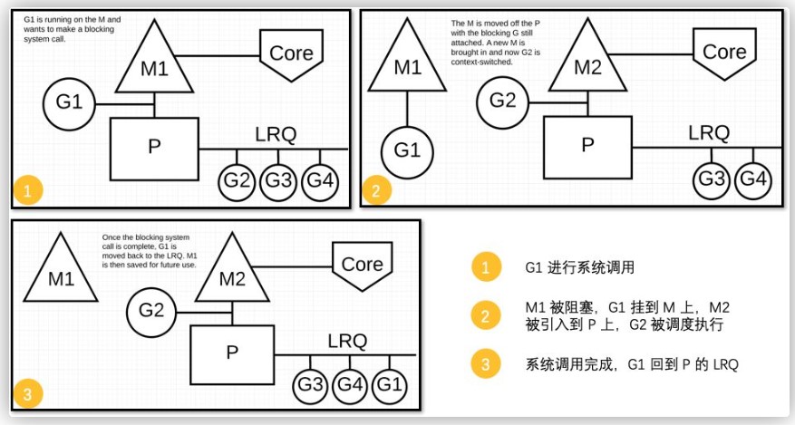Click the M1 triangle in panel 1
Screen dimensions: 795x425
tap(154, 63)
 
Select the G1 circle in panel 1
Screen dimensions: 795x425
tap(69, 104)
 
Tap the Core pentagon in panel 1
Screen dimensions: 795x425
tap(292, 54)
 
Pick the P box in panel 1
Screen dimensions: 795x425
tap(154, 149)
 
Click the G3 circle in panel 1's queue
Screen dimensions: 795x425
tap(278, 181)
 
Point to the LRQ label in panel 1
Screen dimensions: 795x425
tap(276, 135)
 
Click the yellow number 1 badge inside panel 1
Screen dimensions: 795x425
tap(27, 190)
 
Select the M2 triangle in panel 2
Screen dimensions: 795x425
tap(587, 62)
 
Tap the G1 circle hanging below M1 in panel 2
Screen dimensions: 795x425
tap(407, 151)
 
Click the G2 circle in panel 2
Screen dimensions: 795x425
tap(502, 102)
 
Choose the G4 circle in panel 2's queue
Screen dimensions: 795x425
tap(753, 179)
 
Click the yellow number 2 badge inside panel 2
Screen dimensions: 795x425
tap(375, 190)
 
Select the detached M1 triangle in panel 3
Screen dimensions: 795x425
tap(61, 274)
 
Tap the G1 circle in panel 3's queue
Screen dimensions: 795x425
tap(390, 384)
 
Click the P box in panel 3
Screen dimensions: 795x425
tap(232, 354)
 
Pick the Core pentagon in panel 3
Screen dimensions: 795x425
tap(362, 266)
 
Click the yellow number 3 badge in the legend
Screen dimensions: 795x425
tap(485, 363)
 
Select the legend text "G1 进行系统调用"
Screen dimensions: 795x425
tap(579, 267)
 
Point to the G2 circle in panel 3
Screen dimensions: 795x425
tap(151, 311)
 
